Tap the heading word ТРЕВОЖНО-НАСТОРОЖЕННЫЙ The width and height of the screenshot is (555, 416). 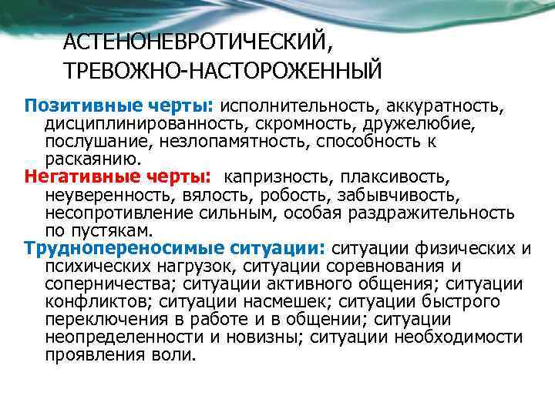223,71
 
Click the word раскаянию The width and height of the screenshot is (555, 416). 92,159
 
